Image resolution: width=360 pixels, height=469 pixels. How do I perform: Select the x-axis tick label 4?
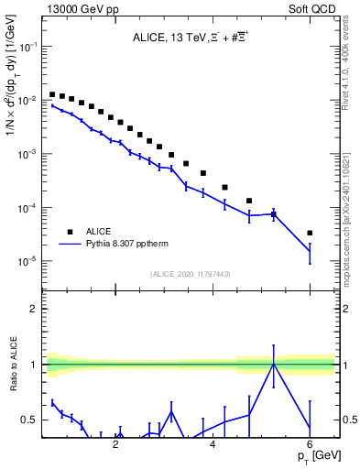[213, 444]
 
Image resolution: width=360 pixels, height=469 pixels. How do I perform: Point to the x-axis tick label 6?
[310, 444]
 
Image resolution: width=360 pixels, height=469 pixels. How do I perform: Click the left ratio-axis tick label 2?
[33, 310]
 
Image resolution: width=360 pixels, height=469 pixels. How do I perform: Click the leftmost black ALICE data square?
[53, 93]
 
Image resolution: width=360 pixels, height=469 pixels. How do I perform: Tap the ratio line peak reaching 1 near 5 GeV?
[273, 364]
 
